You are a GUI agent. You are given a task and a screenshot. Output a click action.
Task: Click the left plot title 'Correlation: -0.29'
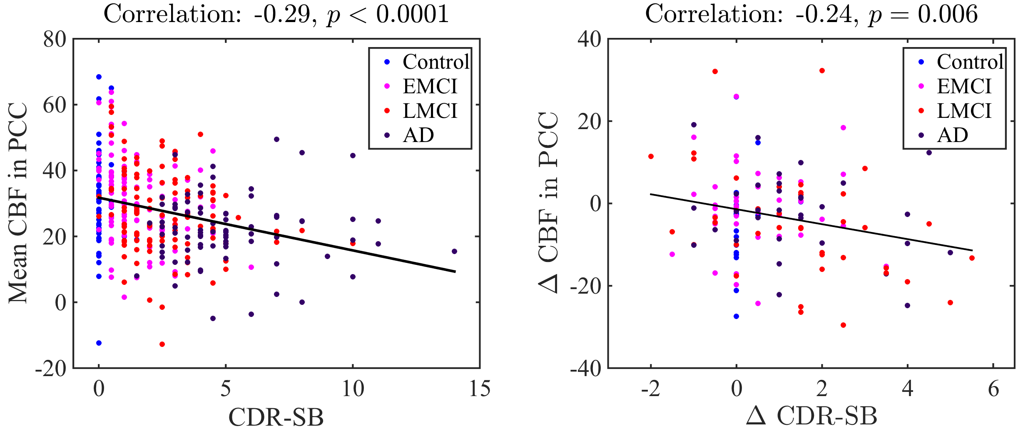tap(276, 14)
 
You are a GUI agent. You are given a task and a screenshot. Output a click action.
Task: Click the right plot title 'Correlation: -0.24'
tap(811, 14)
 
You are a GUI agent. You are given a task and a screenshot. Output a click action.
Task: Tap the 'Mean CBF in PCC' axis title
tap(18, 203)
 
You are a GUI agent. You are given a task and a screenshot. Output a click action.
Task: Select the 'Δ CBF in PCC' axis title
tap(548, 203)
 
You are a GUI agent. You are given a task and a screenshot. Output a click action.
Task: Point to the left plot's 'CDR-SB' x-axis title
tap(276, 417)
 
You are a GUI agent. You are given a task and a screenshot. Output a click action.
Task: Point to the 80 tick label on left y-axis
tap(55, 40)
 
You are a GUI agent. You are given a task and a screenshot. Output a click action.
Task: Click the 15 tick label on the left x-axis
tap(480, 389)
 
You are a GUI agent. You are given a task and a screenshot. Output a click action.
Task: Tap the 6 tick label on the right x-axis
tap(993, 389)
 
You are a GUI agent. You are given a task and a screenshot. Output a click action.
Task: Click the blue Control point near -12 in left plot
tap(99, 343)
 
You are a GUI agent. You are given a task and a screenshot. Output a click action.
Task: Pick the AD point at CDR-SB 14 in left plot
tap(454, 251)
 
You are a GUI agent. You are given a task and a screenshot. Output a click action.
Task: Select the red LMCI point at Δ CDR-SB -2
tap(651, 157)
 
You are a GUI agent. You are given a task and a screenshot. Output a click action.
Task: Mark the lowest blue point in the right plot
tap(736, 316)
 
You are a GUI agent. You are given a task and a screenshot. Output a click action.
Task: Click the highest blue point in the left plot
tap(99, 77)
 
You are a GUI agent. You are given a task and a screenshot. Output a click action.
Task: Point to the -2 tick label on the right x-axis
tap(650, 389)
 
